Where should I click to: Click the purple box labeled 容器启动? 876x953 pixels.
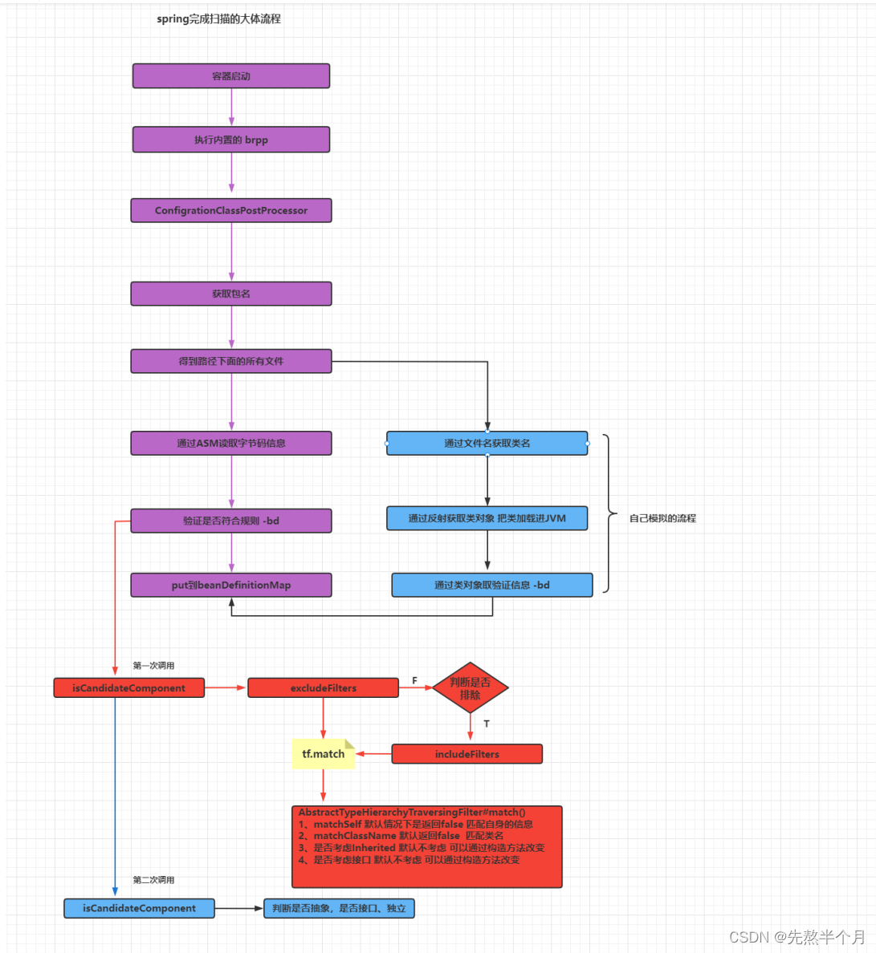[x=231, y=76]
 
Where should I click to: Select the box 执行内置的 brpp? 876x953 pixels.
[x=231, y=140]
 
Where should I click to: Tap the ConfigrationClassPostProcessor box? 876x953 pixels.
[x=231, y=210]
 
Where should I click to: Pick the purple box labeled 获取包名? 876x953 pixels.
[x=231, y=294]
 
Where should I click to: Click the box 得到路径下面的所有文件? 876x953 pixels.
[x=231, y=361]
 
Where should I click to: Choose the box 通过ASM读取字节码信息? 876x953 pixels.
[x=231, y=443]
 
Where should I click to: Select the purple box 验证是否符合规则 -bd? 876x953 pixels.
[x=231, y=521]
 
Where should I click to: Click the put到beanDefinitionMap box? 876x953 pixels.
[x=231, y=586]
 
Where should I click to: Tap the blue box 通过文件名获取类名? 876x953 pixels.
[x=487, y=443]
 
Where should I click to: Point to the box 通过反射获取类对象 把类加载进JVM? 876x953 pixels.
[x=487, y=518]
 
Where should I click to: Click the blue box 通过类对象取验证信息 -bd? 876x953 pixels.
[x=492, y=586]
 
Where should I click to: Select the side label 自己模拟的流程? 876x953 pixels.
[x=662, y=518]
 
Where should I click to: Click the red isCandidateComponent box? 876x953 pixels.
[x=129, y=688]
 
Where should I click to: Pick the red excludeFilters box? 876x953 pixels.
[x=323, y=688]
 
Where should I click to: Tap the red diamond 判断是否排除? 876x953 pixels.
[x=471, y=688]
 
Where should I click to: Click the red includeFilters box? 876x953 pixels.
[x=467, y=754]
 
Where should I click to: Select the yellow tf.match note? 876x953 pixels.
[x=323, y=754]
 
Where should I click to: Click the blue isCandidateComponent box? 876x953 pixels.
[x=139, y=909]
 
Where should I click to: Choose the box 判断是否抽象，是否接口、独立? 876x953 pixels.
[x=339, y=909]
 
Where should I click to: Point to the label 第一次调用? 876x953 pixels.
[x=153, y=666]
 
